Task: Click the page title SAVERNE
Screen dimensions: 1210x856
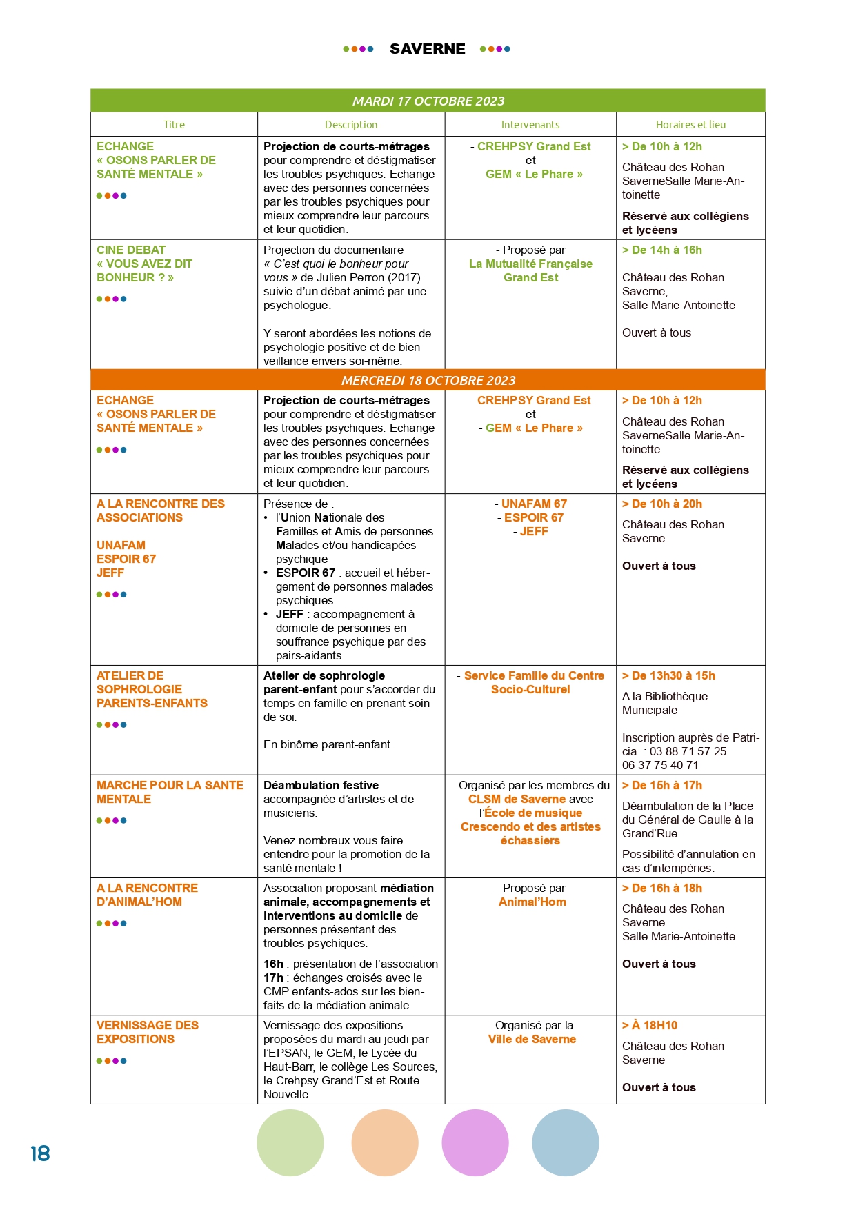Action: click(x=427, y=49)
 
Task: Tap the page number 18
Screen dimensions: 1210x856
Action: click(x=40, y=1153)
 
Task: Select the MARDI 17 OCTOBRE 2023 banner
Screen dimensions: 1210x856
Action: click(x=428, y=101)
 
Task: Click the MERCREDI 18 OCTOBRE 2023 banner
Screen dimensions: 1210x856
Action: click(x=428, y=380)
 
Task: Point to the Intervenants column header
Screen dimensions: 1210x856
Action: click(x=530, y=125)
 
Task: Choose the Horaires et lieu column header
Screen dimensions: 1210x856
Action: click(x=690, y=125)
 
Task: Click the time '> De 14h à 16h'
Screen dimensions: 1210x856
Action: click(x=661, y=250)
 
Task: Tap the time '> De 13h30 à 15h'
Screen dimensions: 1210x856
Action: click(x=668, y=675)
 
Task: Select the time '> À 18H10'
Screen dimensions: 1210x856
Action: click(x=650, y=1025)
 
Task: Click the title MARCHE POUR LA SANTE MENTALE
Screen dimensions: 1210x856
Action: click(x=170, y=792)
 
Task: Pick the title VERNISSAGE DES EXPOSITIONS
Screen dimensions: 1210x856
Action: click(x=147, y=1032)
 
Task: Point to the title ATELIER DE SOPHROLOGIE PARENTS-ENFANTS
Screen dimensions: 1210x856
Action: click(x=152, y=689)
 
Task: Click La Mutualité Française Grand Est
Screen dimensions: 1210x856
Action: click(x=530, y=270)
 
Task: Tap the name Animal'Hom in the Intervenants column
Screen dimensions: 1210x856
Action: click(x=532, y=902)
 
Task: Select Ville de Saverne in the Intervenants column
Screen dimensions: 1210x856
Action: click(x=532, y=1039)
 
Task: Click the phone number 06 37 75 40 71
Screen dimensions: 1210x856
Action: click(x=660, y=765)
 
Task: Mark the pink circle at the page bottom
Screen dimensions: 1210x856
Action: click(x=475, y=1142)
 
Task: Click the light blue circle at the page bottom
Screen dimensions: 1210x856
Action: click(x=566, y=1142)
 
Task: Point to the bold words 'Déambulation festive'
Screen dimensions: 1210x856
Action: click(x=321, y=785)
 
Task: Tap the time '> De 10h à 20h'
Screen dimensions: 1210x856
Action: click(x=661, y=504)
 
